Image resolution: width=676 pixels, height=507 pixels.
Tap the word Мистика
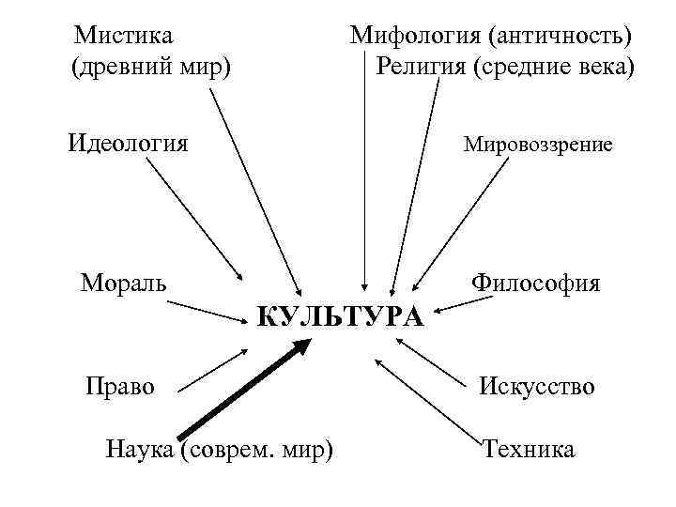124,36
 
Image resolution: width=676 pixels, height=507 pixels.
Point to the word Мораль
124,282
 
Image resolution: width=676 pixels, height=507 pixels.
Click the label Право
120,385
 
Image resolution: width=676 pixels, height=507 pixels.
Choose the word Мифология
415,37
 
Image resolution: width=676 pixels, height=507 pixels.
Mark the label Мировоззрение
538,145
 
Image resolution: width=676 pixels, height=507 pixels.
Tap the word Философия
536,282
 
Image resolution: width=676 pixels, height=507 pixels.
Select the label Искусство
537,386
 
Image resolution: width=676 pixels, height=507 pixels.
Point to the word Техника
529,449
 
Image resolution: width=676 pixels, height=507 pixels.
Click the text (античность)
560,37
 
